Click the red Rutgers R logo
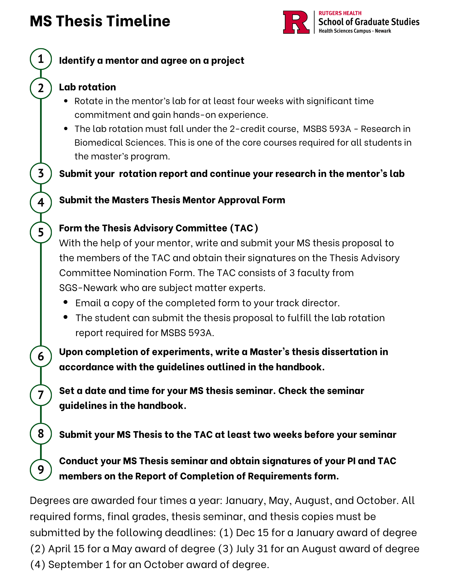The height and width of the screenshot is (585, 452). [x=296, y=22]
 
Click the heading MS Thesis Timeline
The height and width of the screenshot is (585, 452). [x=100, y=21]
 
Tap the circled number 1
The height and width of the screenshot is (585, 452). [x=41, y=59]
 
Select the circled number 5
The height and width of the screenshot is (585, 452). [x=41, y=233]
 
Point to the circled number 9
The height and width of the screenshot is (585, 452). [x=41, y=469]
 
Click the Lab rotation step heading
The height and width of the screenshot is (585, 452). [x=87, y=87]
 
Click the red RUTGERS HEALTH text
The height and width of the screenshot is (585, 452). [x=340, y=13]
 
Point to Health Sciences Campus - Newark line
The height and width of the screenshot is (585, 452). [x=355, y=31]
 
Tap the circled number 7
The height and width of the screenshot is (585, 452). [x=41, y=395]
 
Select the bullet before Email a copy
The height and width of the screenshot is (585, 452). [x=66, y=302]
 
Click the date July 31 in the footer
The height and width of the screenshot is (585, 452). [x=252, y=549]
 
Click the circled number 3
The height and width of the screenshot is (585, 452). [x=41, y=173]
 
